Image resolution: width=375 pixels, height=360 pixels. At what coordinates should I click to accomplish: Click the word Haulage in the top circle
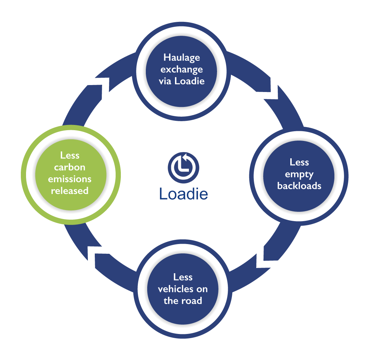[x=182, y=58]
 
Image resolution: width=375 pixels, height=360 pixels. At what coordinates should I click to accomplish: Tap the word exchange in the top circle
[x=182, y=69]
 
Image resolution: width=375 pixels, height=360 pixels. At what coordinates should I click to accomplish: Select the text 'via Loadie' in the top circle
[x=182, y=81]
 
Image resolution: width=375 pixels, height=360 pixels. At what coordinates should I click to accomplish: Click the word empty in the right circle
[x=299, y=174]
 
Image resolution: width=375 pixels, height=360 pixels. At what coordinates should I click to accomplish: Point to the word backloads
[x=299, y=186]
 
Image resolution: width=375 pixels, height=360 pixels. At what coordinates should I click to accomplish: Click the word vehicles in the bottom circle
[x=183, y=289]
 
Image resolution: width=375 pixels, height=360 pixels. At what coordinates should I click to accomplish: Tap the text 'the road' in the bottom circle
[x=183, y=301]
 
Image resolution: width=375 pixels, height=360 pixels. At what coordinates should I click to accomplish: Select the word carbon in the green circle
[x=70, y=167]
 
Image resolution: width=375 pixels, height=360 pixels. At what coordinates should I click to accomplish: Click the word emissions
[x=70, y=179]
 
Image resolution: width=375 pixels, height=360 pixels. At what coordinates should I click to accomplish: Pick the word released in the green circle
[x=70, y=191]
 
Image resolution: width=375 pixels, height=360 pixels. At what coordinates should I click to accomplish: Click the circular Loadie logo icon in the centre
[x=183, y=166]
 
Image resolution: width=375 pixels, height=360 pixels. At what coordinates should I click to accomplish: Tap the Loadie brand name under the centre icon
[x=184, y=194]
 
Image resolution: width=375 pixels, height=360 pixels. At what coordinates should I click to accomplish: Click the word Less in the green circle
[x=70, y=156]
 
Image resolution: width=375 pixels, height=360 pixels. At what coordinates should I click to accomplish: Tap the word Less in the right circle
[x=299, y=162]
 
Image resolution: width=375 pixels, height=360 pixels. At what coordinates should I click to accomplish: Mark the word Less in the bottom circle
[x=183, y=277]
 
